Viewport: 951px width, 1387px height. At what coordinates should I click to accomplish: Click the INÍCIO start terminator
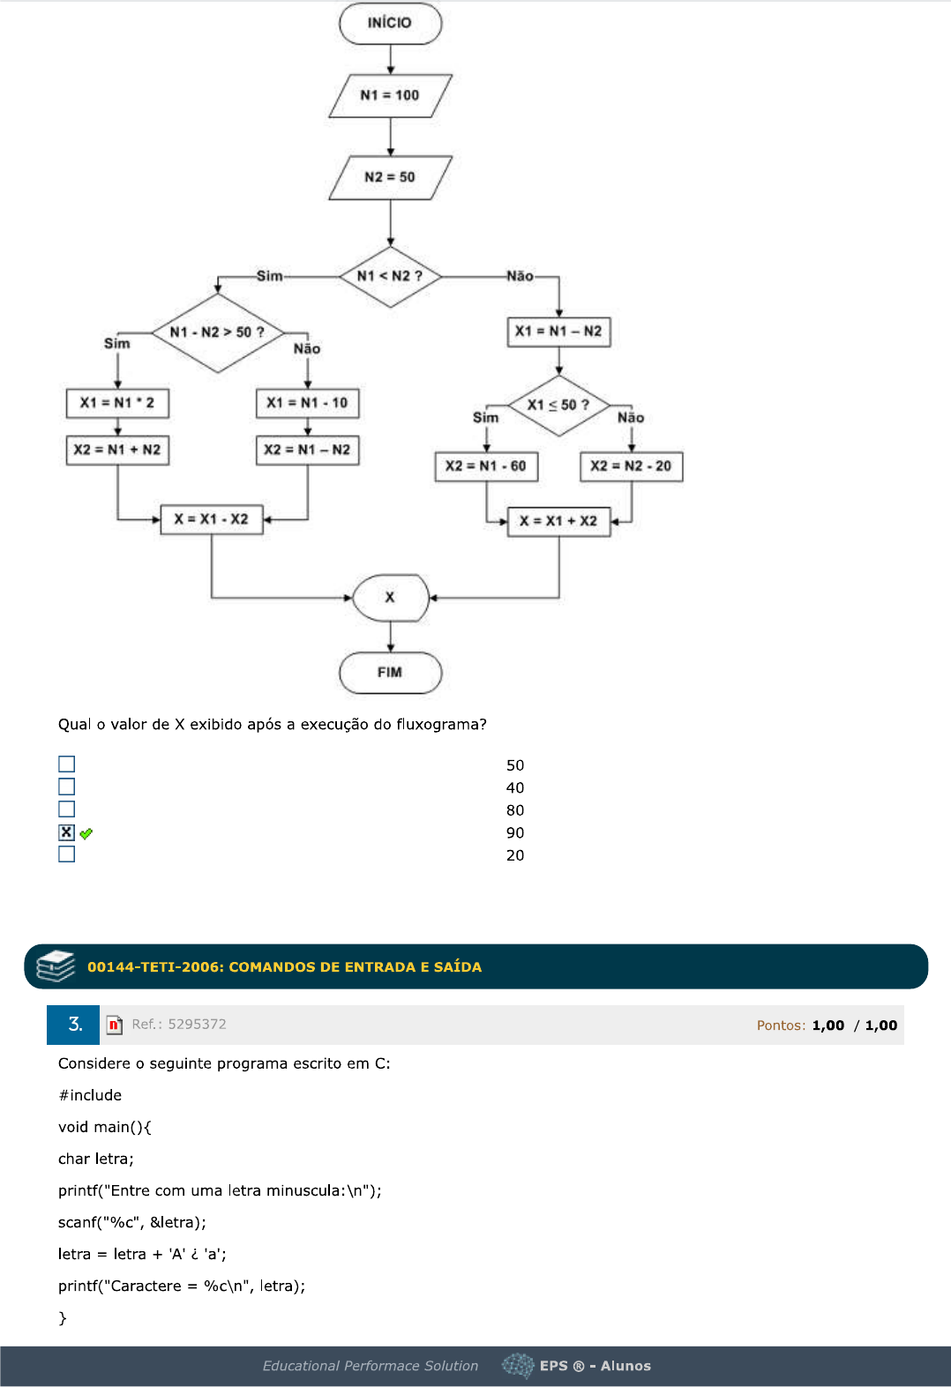coord(390,24)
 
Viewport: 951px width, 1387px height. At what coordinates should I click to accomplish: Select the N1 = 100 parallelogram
coord(390,95)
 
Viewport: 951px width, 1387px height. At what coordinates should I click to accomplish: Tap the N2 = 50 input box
coord(390,177)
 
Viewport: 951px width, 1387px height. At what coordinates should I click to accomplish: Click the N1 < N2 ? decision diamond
coord(390,277)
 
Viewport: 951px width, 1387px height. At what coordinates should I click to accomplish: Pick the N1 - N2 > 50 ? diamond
coord(217,332)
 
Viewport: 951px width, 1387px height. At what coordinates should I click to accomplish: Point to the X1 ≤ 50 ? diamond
coord(558,406)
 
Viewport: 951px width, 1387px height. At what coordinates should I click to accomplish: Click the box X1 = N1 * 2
coord(117,403)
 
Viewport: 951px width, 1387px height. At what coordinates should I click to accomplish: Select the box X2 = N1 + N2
coord(117,450)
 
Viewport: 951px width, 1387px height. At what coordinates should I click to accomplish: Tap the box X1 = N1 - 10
coord(307,403)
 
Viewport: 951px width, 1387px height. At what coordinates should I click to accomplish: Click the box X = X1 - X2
coord(212,519)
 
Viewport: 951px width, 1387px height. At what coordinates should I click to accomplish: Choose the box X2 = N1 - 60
coord(486,466)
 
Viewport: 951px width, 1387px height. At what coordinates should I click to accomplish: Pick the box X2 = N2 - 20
coord(631,466)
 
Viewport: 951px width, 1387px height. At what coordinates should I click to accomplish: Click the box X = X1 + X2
coord(558,521)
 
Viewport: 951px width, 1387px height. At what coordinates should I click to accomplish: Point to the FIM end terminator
coord(390,673)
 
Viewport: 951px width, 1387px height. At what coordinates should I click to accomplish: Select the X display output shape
coord(390,598)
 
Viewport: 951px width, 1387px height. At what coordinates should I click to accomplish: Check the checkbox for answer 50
coord(67,764)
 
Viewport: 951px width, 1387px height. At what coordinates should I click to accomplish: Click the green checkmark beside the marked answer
coord(86,833)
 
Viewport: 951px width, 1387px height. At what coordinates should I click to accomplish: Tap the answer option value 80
coord(515,810)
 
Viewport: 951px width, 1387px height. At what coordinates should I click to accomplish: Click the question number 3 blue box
coord(74,1025)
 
